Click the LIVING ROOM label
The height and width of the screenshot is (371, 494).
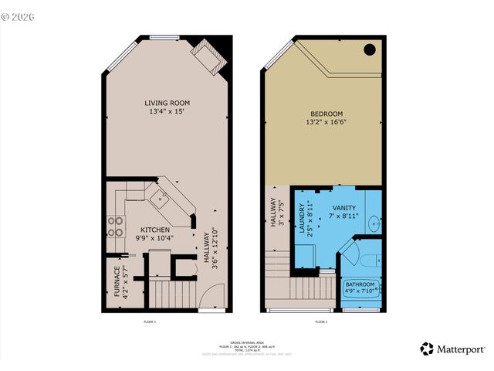(x=167, y=103)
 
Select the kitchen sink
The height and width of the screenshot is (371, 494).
(x=162, y=200)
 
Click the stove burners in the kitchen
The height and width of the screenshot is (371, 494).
(x=116, y=226)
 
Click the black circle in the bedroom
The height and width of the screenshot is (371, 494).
(x=369, y=49)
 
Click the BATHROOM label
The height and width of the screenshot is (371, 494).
(x=360, y=284)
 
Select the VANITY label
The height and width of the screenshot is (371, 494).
(x=343, y=209)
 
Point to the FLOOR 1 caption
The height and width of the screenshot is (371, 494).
(x=150, y=321)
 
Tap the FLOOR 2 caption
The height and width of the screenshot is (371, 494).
(x=321, y=321)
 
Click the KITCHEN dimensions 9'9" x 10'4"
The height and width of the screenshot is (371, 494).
(x=155, y=238)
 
